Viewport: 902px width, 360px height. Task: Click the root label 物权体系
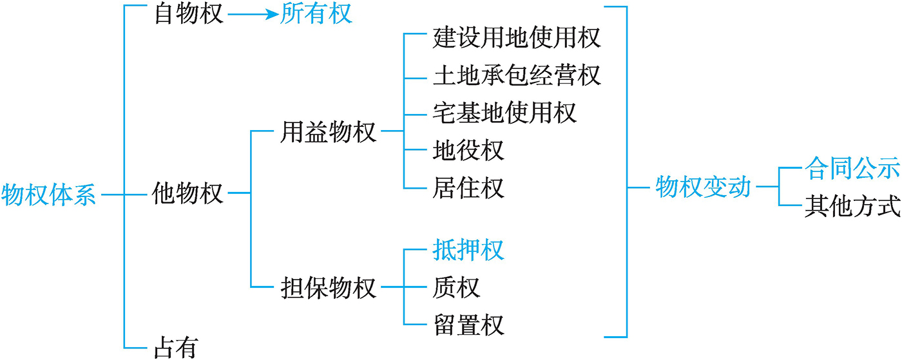click(48, 195)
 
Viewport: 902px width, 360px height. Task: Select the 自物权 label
click(189, 14)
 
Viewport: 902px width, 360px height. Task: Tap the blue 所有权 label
click(316, 14)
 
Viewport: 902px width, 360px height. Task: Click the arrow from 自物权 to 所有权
click(253, 15)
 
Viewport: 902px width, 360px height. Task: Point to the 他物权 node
click(187, 193)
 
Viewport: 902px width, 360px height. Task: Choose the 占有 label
click(177, 347)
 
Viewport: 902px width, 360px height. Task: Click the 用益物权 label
click(328, 131)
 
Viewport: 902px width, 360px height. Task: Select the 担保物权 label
click(328, 287)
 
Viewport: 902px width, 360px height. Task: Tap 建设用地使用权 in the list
click(517, 38)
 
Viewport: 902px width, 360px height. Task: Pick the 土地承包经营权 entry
click(517, 75)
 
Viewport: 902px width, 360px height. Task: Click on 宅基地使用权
click(504, 113)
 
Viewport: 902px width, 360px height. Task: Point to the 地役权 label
click(468, 150)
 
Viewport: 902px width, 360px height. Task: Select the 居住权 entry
click(468, 187)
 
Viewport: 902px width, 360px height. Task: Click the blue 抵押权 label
click(468, 250)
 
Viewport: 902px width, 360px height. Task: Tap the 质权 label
click(456, 287)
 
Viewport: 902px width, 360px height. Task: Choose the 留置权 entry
click(468, 325)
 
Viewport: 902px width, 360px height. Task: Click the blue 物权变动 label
click(703, 187)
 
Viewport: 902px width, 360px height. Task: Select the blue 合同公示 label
click(852, 168)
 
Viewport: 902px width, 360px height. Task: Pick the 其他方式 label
click(852, 206)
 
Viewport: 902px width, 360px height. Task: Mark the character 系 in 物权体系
click(84, 195)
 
